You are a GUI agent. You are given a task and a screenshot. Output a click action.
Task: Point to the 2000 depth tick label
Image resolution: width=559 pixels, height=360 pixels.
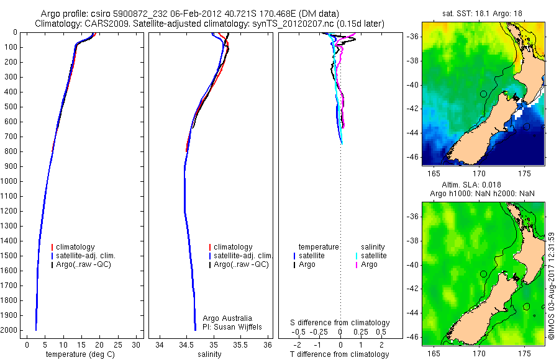coord(11,330)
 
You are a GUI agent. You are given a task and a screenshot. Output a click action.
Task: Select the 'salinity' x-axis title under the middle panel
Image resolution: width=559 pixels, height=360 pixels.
coord(208,354)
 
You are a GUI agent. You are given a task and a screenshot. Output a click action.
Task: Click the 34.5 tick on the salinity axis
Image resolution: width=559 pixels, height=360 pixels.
coord(186,344)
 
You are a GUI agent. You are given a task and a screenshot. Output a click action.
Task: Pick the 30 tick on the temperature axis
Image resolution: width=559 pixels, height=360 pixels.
coord(137,344)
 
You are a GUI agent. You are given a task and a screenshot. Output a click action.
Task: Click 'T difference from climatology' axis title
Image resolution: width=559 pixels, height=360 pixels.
coord(340,354)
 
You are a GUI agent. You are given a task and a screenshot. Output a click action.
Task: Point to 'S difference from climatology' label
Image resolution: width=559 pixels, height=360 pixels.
coord(340,323)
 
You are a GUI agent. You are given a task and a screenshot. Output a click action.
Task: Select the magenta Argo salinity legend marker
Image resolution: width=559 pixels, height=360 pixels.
coord(356,264)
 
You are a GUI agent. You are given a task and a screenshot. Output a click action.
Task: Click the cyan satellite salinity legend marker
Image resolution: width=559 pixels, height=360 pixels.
coord(356,256)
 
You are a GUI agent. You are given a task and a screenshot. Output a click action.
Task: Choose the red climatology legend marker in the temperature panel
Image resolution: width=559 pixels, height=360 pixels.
coord(53,247)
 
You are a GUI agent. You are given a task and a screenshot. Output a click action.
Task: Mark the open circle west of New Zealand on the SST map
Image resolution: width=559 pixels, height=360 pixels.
coord(483,94)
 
